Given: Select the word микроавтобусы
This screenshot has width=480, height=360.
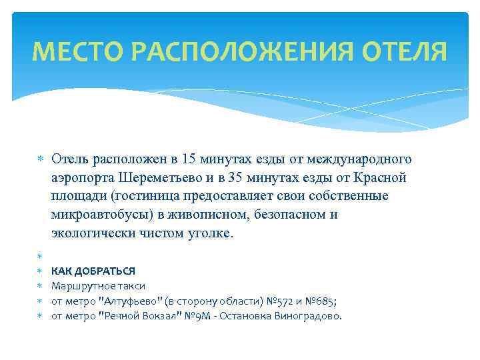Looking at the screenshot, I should click(95, 215).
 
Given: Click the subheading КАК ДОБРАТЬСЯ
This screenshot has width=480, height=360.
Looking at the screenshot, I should click(93, 271).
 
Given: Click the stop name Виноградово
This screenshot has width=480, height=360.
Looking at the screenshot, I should click(307, 315).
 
